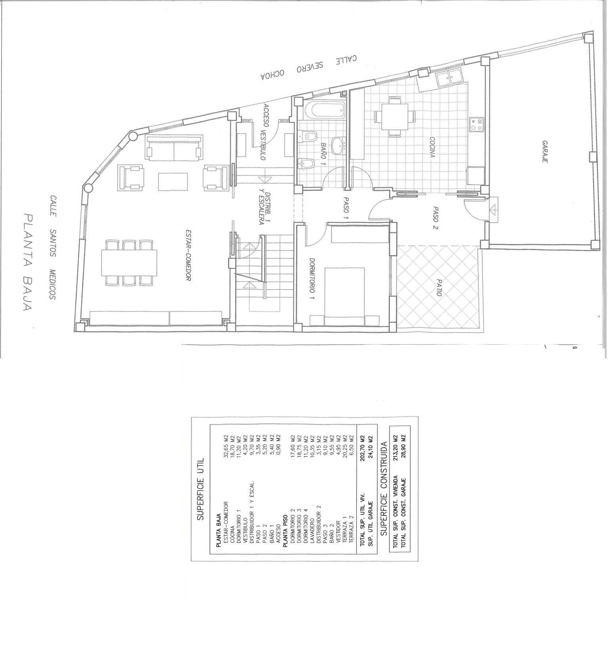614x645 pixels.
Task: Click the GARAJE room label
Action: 545,152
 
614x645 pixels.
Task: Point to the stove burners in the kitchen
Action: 477,125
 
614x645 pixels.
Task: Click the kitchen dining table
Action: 395,116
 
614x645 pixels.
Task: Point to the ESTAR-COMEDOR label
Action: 189,256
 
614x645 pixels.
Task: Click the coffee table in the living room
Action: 173,182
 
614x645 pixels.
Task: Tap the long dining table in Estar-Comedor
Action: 129,263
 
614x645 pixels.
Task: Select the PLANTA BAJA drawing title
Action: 28,262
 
